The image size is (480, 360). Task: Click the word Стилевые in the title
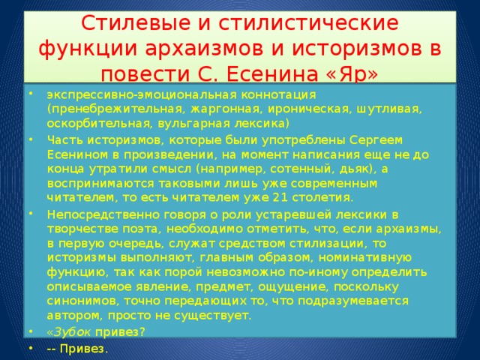point(136,23)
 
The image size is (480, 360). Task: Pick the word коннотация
point(278,95)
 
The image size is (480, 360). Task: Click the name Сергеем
point(376,140)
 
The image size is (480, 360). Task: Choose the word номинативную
point(365,258)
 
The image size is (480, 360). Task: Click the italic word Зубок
point(72,332)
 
